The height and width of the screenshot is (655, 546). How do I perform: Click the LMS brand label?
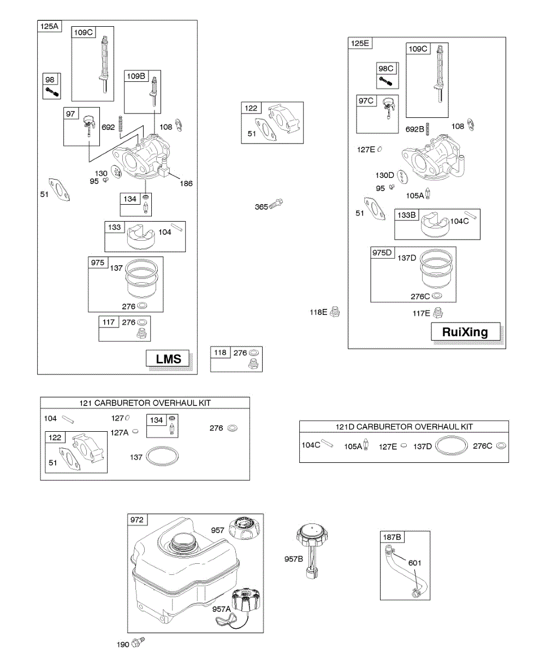pos(169,359)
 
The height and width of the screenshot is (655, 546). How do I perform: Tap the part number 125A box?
pos(49,26)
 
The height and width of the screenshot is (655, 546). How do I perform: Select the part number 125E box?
pos(360,43)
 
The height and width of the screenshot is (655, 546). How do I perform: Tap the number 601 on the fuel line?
pos(415,563)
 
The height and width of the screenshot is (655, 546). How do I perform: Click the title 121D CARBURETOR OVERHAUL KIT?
pos(404,426)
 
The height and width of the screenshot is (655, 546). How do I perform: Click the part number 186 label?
pos(187,183)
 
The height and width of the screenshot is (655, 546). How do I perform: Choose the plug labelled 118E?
pos(336,312)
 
